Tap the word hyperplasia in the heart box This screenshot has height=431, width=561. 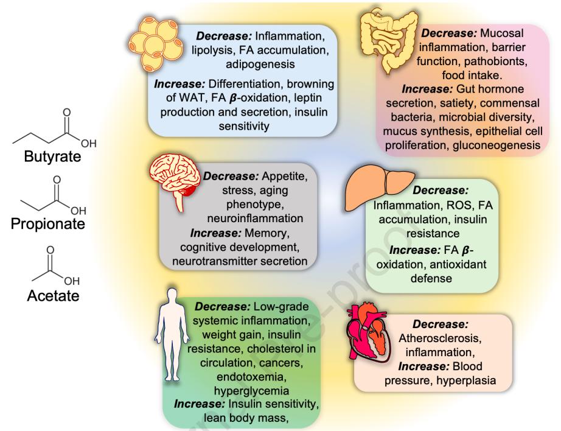[473, 382]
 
